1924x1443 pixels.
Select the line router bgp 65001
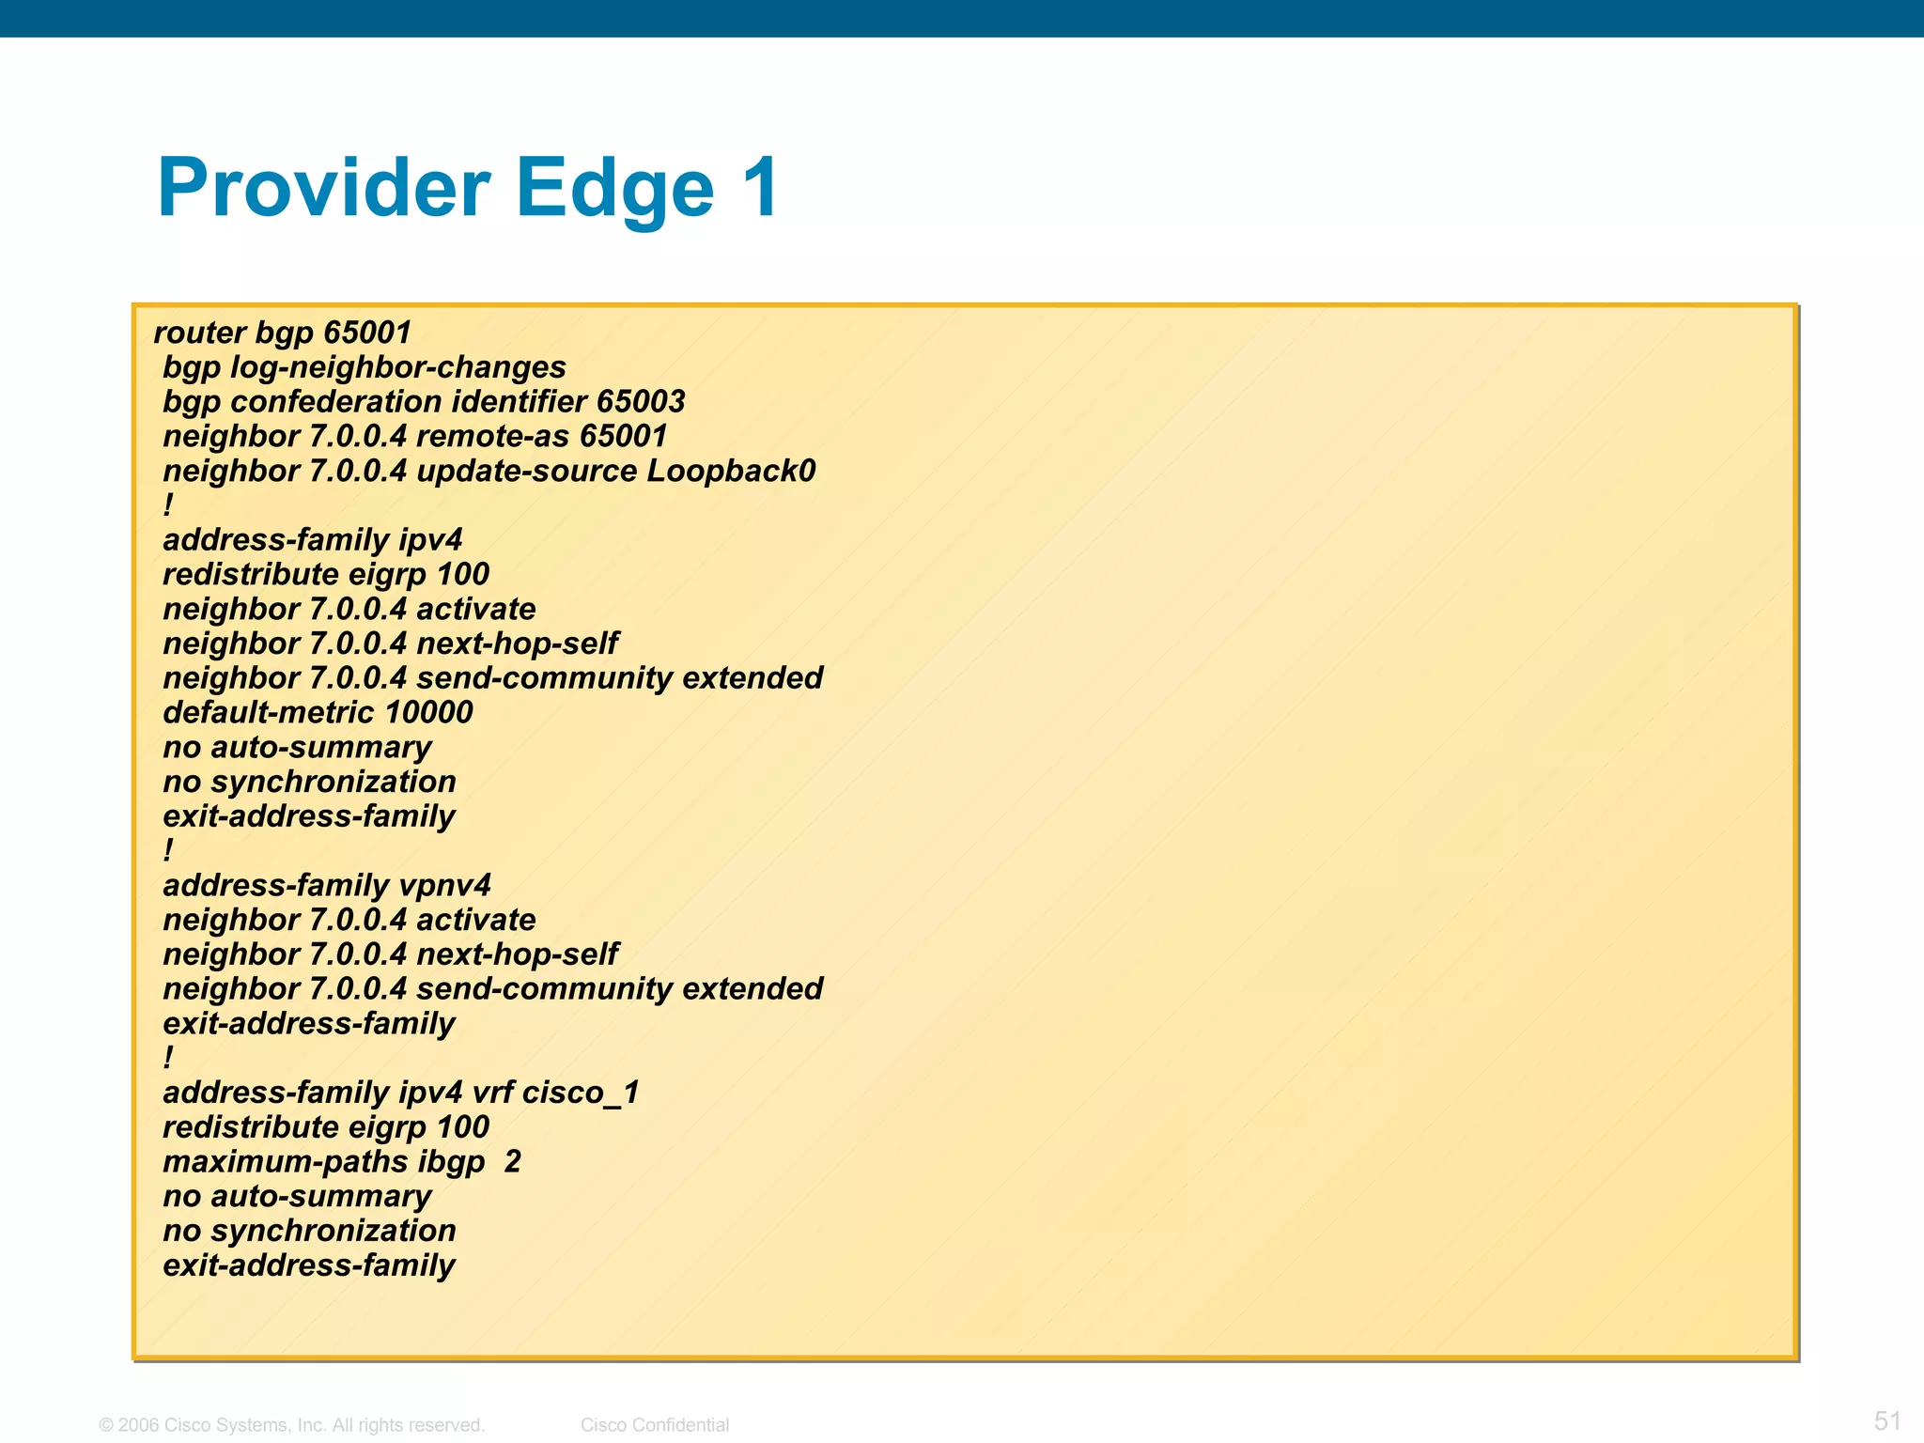[x=282, y=333]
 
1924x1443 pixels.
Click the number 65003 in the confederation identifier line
[x=640, y=402]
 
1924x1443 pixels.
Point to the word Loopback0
[x=731, y=471]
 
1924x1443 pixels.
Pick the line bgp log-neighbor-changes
[x=365, y=367]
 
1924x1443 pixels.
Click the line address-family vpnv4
[x=327, y=885]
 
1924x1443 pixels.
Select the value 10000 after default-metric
[x=428, y=712]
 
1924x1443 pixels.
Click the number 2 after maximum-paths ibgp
[x=512, y=1162]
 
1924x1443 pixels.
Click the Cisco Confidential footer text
[x=655, y=1425]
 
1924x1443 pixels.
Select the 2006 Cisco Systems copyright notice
[x=292, y=1425]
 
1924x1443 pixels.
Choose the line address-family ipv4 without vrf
[x=312, y=540]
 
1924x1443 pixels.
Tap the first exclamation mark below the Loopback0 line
[x=168, y=505]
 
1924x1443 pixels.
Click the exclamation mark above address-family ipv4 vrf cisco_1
[x=168, y=1058]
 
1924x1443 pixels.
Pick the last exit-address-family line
[x=308, y=1265]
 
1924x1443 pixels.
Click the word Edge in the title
[x=614, y=188]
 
